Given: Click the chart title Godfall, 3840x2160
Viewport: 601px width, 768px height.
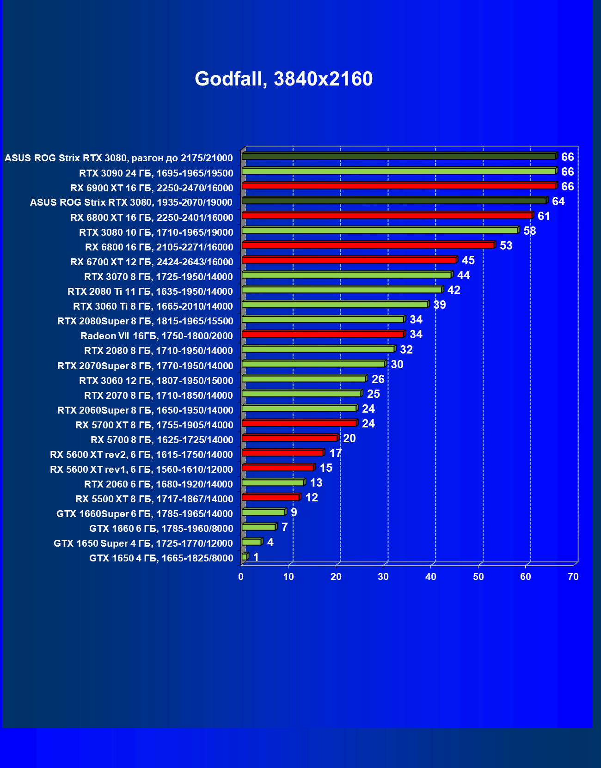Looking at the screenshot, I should coord(283,79).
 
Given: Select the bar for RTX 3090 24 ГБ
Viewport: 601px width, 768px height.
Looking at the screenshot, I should coord(399,171).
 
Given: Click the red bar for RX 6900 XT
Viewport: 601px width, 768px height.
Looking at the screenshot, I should coord(399,186).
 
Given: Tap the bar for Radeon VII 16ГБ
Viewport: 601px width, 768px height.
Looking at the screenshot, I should coord(323,334).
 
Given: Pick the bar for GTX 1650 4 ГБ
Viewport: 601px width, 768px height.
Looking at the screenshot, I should coord(245,557).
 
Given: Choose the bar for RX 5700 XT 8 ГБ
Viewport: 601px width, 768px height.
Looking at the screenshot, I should coord(299,423).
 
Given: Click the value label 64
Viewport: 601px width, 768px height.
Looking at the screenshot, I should coord(558,201).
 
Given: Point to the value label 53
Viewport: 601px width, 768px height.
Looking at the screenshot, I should coord(506,246).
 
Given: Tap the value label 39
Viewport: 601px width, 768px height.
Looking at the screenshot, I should coord(439,305).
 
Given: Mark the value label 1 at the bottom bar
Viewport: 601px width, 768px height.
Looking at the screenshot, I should coord(256,557).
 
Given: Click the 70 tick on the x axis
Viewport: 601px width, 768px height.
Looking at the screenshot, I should coord(573,577).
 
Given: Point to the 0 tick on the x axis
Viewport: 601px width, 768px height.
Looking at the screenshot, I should coord(241,577).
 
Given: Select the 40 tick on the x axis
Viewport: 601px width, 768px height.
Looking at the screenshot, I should coord(431,577).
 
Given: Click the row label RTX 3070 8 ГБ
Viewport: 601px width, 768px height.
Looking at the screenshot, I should coord(158,277).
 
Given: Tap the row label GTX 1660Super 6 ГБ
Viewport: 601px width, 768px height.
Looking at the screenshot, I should coord(144,514).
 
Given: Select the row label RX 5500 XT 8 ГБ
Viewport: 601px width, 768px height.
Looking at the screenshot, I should coord(154,499).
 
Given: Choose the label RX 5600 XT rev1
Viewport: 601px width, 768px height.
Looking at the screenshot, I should coord(141,469).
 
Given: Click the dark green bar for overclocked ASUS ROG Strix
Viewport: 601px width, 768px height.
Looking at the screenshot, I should coord(399,157).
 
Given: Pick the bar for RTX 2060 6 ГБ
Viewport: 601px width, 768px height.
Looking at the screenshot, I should coord(273,482).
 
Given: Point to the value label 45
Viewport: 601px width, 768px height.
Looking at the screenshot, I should coord(468,261).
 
